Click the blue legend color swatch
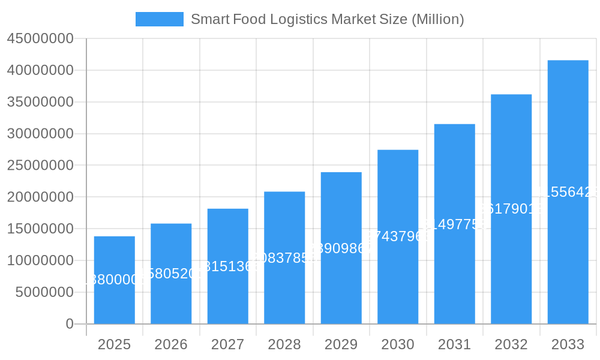pyautogui.click(x=160, y=19)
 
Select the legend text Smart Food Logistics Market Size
pyautogui.click(x=327, y=19)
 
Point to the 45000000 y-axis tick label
pyautogui.click(x=40, y=39)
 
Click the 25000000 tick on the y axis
pyautogui.click(x=40, y=166)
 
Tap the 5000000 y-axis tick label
pyautogui.click(x=44, y=292)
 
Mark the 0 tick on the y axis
pyautogui.click(x=70, y=324)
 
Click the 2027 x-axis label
pyautogui.click(x=227, y=344)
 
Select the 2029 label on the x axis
pyautogui.click(x=341, y=344)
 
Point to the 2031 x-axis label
pyautogui.click(x=454, y=344)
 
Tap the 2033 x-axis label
pyautogui.click(x=568, y=344)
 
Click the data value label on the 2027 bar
pyautogui.click(x=227, y=266)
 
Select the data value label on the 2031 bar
pyautogui.click(x=454, y=224)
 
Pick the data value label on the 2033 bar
pyautogui.click(x=568, y=192)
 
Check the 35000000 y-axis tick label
pyautogui.click(x=40, y=102)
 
